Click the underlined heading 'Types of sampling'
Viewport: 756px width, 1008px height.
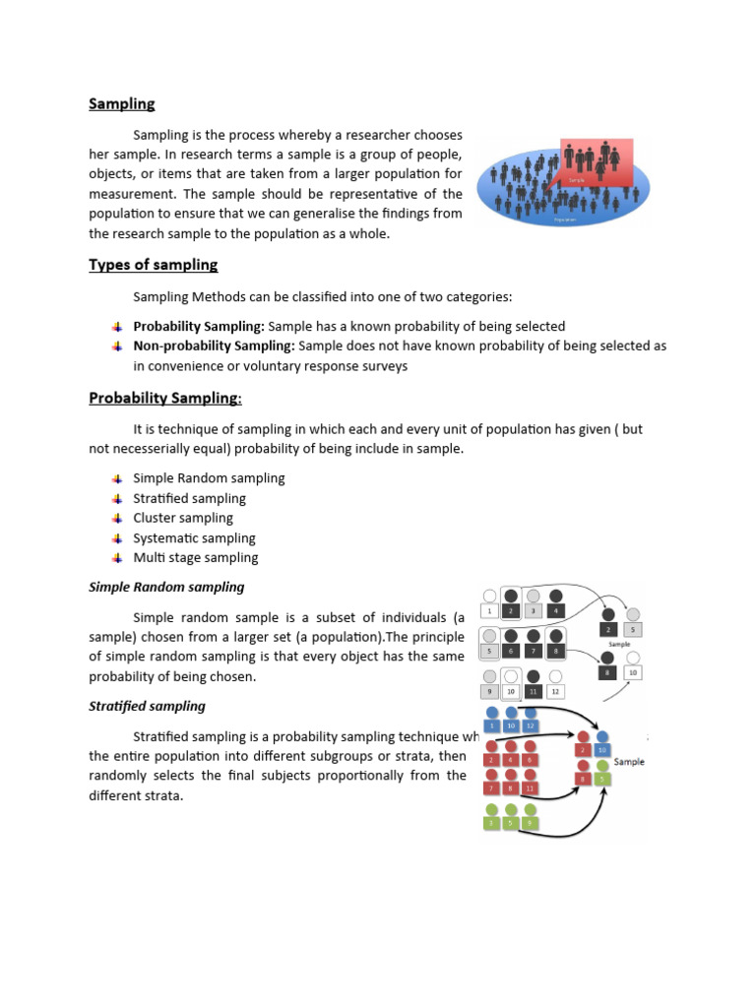pyautogui.click(x=153, y=265)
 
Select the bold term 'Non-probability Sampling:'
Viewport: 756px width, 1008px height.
pyautogui.click(x=214, y=346)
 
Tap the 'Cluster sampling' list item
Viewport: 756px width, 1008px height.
pyautogui.click(x=183, y=518)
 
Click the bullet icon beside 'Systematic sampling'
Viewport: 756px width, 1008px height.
pyautogui.click(x=116, y=538)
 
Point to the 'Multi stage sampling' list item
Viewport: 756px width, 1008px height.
pyautogui.click(x=195, y=557)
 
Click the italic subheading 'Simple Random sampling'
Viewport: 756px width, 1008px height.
pyautogui.click(x=166, y=587)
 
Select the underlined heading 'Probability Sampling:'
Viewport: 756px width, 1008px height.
pyautogui.click(x=165, y=398)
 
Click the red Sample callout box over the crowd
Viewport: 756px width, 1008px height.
pyautogui.click(x=597, y=160)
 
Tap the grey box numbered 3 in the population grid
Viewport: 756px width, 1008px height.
pyautogui.click(x=534, y=611)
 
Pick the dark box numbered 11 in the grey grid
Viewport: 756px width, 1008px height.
pyautogui.click(x=534, y=692)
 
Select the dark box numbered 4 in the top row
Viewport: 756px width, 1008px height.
pyautogui.click(x=557, y=611)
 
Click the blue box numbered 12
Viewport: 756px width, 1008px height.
pyautogui.click(x=532, y=725)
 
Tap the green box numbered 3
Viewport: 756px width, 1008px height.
pyautogui.click(x=490, y=823)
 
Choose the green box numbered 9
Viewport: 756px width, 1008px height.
pyautogui.click(x=532, y=823)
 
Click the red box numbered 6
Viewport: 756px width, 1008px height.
pyautogui.click(x=532, y=759)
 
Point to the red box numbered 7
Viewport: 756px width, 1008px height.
pyautogui.click(x=490, y=788)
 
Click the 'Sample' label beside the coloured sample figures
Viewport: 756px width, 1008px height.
pyautogui.click(x=629, y=762)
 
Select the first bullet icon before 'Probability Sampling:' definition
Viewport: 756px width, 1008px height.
pyautogui.click(x=116, y=326)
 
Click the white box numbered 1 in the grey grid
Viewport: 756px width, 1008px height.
pyautogui.click(x=489, y=611)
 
